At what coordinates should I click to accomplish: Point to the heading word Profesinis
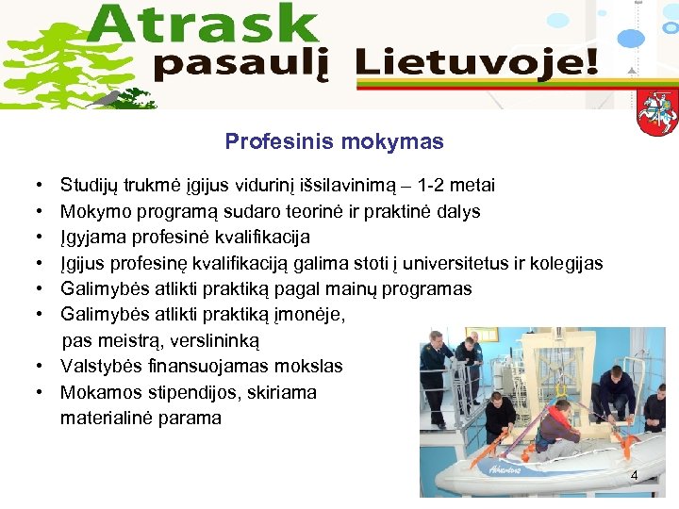click(x=269, y=142)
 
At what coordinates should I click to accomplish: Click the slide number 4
click(x=634, y=476)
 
